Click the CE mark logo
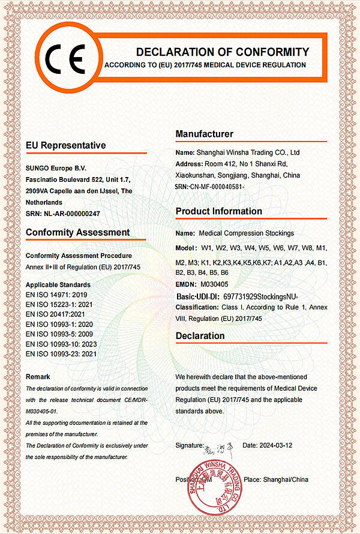point(66,52)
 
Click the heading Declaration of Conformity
point(223,52)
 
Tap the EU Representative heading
point(66,145)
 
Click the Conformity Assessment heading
point(78,232)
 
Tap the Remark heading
point(42,376)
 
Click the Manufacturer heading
point(205,134)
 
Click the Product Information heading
point(219,211)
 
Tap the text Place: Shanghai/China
point(276,480)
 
